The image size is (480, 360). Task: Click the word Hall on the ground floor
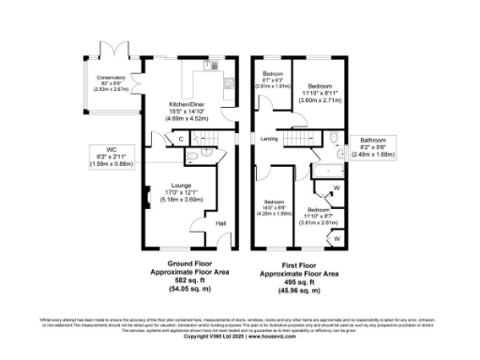pyautogui.click(x=221, y=223)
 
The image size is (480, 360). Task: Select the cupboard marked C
pyautogui.click(x=180, y=140)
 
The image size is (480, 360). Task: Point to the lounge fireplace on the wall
pyautogui.click(x=146, y=198)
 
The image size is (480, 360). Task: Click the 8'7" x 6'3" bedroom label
pyautogui.click(x=273, y=79)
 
